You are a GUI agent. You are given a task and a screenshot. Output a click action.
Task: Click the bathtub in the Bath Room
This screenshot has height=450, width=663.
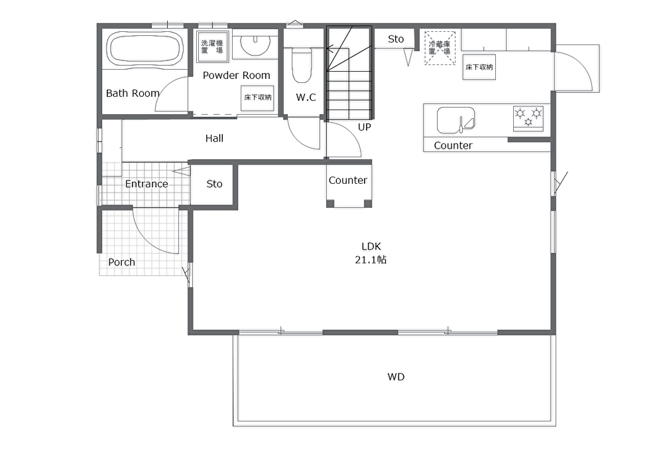pyautogui.click(x=145, y=49)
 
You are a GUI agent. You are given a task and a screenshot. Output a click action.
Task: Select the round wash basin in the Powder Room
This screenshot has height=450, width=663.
pyautogui.click(x=255, y=44)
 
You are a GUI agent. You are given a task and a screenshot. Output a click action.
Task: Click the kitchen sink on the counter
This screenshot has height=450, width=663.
pyautogui.click(x=456, y=120)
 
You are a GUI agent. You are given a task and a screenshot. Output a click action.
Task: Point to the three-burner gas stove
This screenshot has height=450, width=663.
pyautogui.click(x=528, y=118)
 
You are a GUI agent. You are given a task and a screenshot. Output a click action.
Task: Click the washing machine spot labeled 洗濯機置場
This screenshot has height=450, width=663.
pyautogui.click(x=213, y=45)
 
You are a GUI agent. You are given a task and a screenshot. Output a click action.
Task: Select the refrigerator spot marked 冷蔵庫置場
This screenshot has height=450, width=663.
pyautogui.click(x=440, y=47)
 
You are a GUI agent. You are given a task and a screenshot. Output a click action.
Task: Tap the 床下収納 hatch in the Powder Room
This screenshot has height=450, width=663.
pyautogui.click(x=257, y=98)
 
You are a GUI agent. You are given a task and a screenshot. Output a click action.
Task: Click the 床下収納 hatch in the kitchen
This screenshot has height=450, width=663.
pyautogui.click(x=479, y=67)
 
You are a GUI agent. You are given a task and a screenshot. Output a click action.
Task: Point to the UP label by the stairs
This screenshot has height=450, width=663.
pyautogui.click(x=364, y=127)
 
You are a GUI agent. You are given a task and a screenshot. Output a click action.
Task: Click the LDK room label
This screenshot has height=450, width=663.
pyautogui.click(x=371, y=246)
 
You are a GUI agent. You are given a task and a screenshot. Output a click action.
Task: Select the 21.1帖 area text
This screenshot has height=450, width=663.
pyautogui.click(x=371, y=260)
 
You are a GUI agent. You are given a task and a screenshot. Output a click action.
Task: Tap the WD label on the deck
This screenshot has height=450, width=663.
pyautogui.click(x=396, y=377)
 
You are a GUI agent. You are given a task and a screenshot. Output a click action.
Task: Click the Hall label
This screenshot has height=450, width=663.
pyautogui.click(x=214, y=139)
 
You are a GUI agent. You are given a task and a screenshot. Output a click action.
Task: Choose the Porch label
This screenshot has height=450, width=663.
pyautogui.click(x=122, y=262)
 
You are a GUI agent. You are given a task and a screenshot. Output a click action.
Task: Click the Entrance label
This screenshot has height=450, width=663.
pyautogui.click(x=147, y=184)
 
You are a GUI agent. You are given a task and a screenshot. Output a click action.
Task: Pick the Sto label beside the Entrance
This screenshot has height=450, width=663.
pyautogui.click(x=214, y=184)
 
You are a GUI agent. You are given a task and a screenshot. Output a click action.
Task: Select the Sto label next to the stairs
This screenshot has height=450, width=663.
pyautogui.click(x=396, y=39)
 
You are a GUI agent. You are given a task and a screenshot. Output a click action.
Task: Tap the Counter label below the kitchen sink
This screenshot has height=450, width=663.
pyautogui.click(x=453, y=145)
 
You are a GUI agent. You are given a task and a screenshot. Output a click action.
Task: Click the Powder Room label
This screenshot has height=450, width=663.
pyautogui.click(x=237, y=76)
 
